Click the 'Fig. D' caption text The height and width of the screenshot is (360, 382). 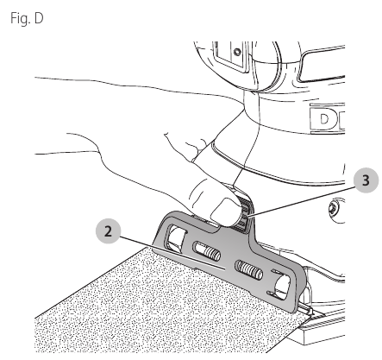click(27, 18)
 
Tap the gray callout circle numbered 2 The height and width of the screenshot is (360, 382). click(108, 231)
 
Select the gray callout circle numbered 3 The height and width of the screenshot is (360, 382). click(366, 180)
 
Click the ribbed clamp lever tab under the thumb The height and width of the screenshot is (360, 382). click(244, 214)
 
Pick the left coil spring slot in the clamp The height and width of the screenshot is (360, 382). click(207, 251)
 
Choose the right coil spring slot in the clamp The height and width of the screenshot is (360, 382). click(249, 270)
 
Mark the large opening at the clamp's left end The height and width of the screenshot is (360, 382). click(175, 237)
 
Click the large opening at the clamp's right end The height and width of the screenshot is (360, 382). click(283, 285)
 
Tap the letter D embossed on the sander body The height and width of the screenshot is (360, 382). click(324, 119)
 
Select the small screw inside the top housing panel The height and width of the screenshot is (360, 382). click(237, 52)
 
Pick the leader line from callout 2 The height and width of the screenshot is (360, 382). click(172, 253)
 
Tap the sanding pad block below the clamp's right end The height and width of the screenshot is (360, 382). click(322, 328)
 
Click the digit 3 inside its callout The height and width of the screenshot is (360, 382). click(366, 180)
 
